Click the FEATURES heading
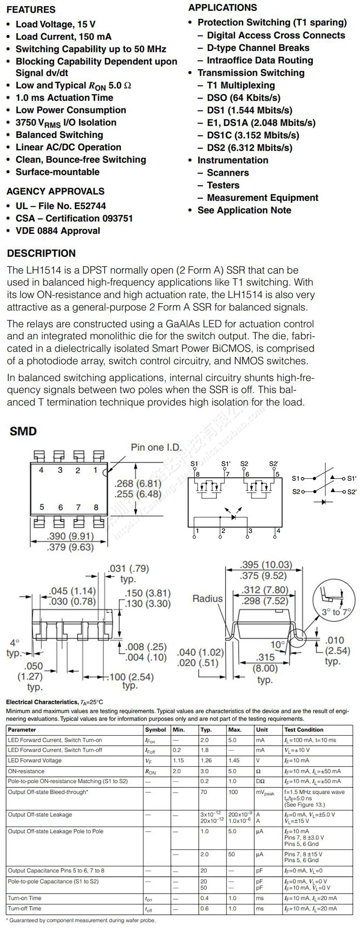tap(31, 10)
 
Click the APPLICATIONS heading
tap(222, 8)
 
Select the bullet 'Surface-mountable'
tap(57, 172)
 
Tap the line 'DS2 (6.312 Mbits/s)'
tap(249, 148)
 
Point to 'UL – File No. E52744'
tap(60, 206)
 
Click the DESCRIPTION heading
tap(41, 253)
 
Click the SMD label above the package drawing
tap(23, 431)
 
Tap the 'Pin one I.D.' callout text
tap(156, 447)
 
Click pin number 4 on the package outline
tap(41, 470)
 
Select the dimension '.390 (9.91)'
tap(70, 536)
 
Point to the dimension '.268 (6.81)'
tap(138, 483)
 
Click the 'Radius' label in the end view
tap(208, 598)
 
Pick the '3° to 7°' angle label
tap(336, 612)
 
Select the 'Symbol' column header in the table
tap(156, 729)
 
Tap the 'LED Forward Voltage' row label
tap(35, 761)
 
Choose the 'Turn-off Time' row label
tap(24, 908)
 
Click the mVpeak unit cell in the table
tap(265, 793)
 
